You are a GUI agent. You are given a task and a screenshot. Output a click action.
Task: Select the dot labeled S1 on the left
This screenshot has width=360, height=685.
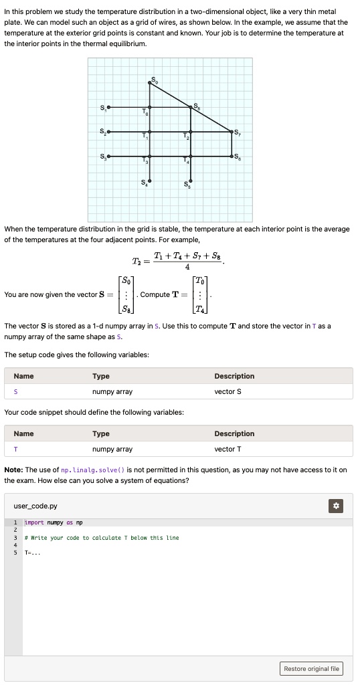pos(109,107)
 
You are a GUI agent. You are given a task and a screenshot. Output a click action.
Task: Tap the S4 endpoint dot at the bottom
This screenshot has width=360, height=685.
pos(150,181)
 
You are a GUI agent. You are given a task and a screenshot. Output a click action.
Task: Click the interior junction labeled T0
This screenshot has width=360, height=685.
pos(150,107)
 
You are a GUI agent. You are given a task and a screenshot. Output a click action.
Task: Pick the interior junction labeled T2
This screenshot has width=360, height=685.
pos(191,132)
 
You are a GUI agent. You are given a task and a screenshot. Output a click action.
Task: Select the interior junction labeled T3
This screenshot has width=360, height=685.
pos(150,157)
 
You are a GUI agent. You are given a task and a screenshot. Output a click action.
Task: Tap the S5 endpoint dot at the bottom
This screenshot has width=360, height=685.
pos(191,181)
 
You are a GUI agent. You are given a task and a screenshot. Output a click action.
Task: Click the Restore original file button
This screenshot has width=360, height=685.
pos(312,668)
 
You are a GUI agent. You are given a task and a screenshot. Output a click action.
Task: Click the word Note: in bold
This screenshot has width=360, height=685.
pos(13,470)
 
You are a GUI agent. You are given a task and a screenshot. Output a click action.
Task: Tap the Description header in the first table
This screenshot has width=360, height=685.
pos(234,376)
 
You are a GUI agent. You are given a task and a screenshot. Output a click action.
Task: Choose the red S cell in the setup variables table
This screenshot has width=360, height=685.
pos(15,391)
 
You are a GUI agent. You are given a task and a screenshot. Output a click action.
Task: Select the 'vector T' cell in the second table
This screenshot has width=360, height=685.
pos(228,449)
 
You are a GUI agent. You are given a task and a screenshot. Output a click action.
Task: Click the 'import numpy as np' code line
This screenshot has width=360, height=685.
pos(54,522)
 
